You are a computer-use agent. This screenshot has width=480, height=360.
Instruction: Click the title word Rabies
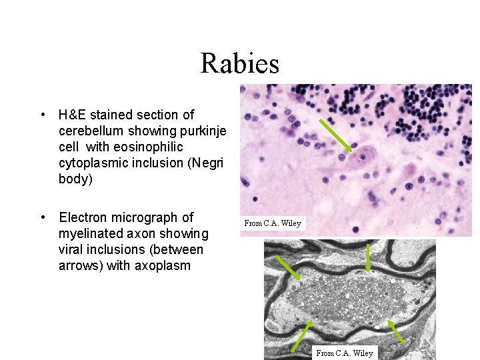239,64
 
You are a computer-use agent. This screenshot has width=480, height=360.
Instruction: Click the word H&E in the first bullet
73,115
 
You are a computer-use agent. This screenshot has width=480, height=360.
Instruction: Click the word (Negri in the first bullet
209,163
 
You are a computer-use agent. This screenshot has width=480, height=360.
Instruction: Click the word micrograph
153,217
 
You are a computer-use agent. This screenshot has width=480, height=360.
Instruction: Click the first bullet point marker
43,115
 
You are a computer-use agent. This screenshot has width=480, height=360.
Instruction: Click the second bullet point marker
43,217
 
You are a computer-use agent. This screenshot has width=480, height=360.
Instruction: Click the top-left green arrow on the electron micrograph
287,267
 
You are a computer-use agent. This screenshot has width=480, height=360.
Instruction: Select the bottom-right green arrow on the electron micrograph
397,334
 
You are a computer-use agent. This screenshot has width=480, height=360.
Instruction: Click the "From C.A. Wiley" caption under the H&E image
273,223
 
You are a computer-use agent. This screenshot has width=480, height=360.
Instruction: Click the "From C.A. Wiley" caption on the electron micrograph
344,353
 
